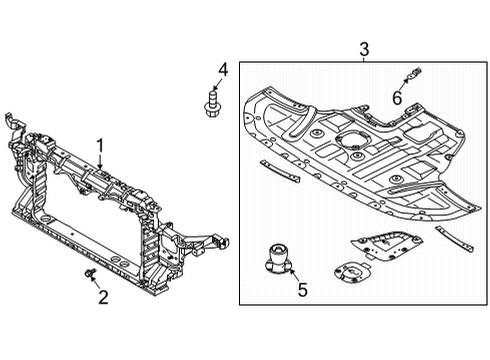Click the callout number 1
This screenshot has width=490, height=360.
[100, 147]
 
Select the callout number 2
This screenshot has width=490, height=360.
[103, 297]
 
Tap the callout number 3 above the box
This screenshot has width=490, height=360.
[364, 49]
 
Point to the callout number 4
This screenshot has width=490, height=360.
[223, 70]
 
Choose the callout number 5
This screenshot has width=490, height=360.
[302, 289]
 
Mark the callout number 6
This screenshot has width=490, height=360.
[397, 98]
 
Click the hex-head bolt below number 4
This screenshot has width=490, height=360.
[211, 104]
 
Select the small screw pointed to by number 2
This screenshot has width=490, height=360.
[90, 272]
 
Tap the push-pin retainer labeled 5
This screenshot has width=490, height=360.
[279, 259]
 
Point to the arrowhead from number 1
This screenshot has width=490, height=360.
[100, 166]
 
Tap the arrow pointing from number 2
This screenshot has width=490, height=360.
[95, 282]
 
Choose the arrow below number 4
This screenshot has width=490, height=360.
[216, 84]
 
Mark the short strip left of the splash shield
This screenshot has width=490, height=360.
[280, 171]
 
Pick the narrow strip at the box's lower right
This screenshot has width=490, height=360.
[454, 238]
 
